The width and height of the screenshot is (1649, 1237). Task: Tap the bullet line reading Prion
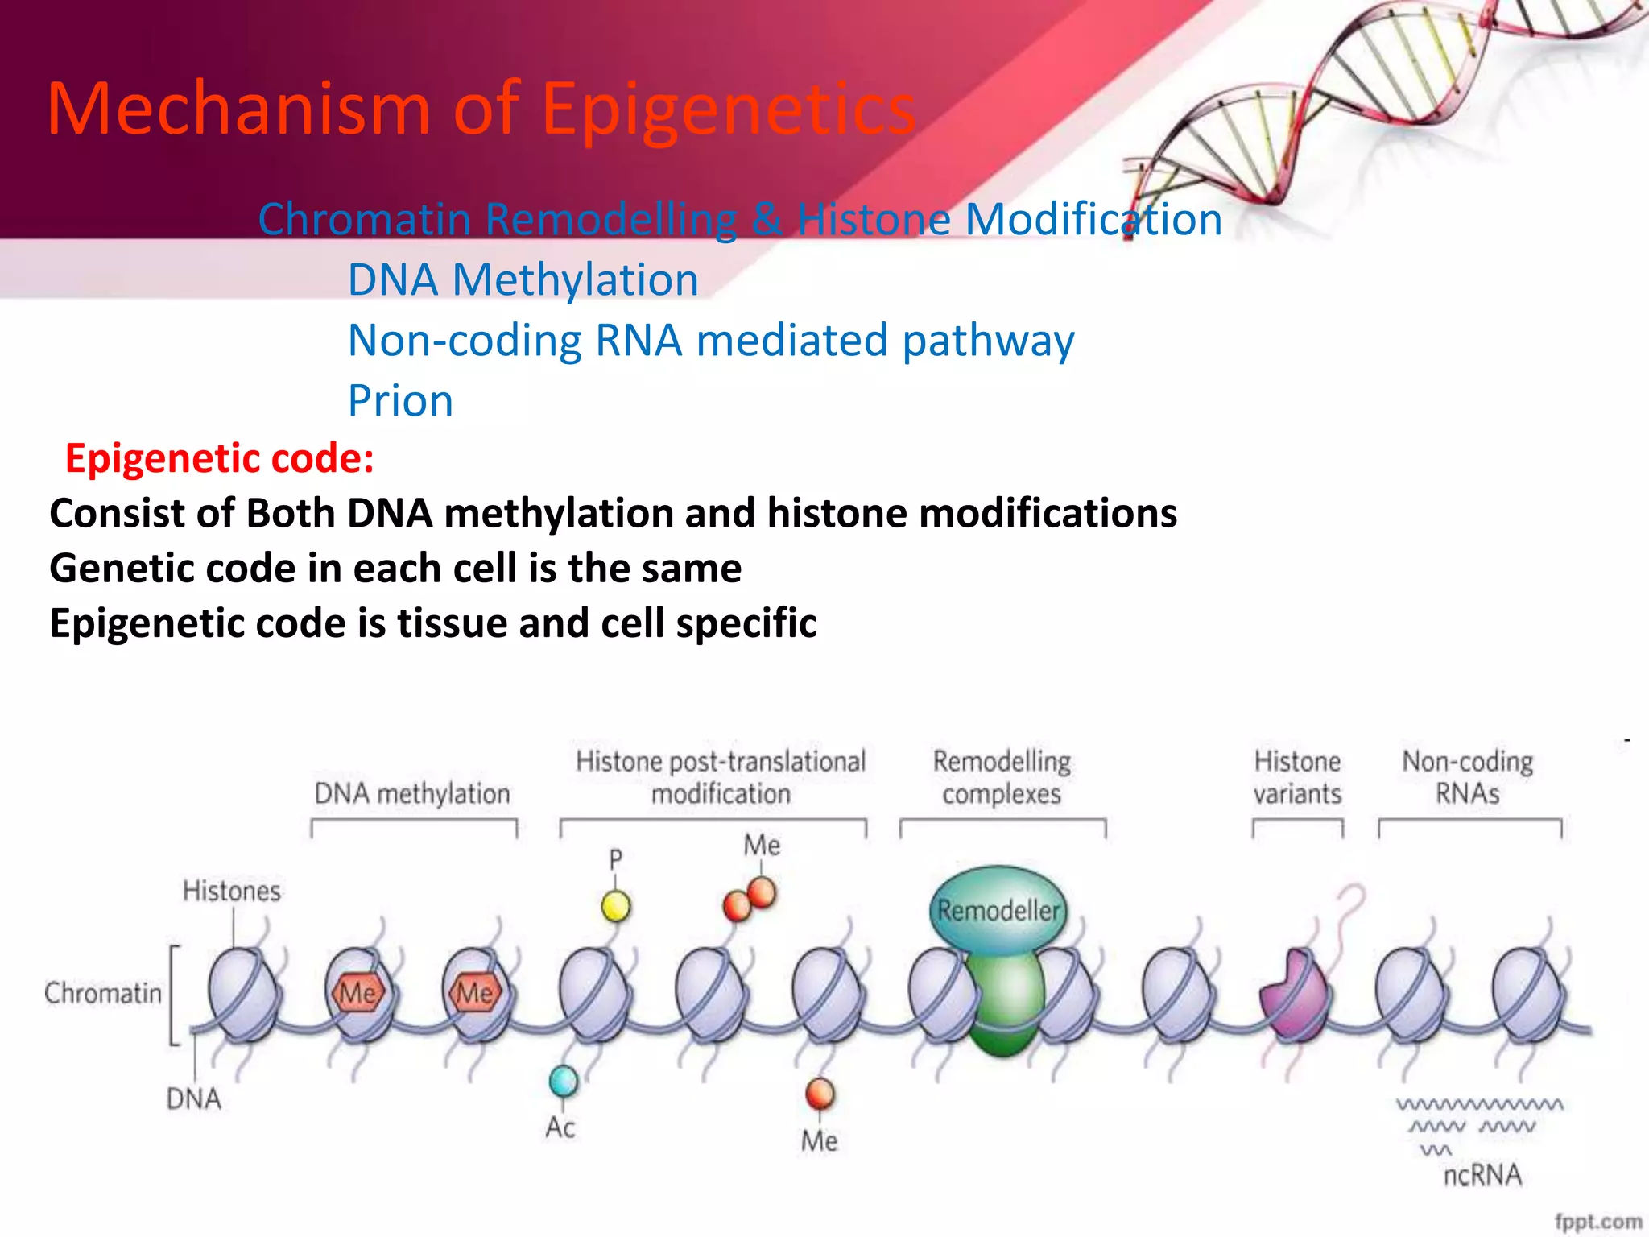[400, 401]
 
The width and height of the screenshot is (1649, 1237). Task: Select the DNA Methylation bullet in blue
[523, 280]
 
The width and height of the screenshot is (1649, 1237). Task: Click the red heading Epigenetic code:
[219, 458]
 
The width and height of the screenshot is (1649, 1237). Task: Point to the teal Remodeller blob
[998, 911]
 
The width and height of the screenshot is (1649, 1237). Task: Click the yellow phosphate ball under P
[616, 907]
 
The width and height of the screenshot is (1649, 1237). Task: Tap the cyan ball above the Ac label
[564, 1081]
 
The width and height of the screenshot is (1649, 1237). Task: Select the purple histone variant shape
[1293, 996]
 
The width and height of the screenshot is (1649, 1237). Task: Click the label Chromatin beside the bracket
[103, 993]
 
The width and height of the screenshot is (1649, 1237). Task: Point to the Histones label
[232, 891]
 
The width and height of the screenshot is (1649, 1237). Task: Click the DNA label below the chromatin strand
[193, 1099]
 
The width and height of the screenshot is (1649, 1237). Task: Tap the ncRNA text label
[1482, 1175]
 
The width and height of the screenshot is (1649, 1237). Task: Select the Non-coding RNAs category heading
[1467, 777]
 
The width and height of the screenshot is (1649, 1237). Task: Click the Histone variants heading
[1297, 777]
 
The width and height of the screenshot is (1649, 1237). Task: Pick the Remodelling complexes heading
[1002, 777]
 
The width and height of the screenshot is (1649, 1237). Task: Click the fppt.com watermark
[1597, 1221]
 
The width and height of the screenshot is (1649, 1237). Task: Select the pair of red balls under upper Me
[750, 900]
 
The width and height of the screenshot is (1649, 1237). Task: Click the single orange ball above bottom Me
[820, 1094]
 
